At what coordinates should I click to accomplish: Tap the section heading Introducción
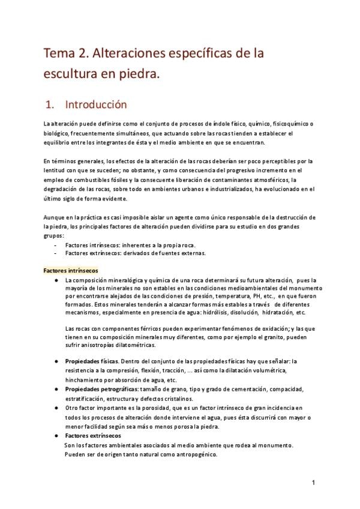tap(96, 104)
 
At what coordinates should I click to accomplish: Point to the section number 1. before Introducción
tap(50, 104)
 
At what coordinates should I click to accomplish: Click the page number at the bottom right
tap(313, 483)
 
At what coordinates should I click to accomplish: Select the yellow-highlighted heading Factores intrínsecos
tap(71, 271)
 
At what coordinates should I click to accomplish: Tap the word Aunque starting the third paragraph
tap(53, 217)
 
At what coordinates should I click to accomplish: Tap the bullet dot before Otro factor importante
tap(56, 408)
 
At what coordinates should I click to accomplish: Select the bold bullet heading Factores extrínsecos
tap(92, 435)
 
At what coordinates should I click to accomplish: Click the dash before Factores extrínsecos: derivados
tap(56, 253)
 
